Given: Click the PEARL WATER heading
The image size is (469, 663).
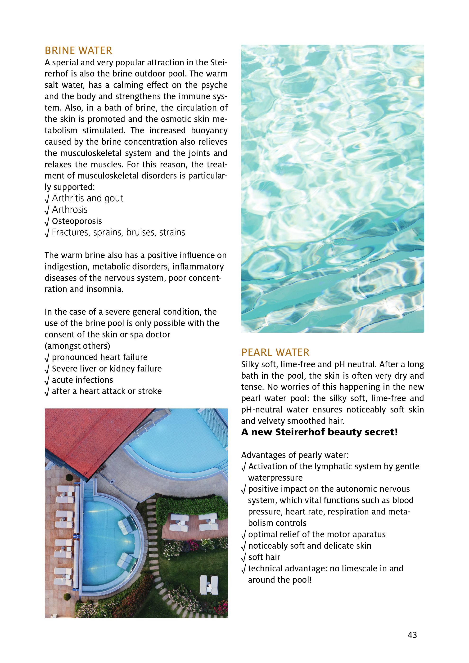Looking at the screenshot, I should (275, 352).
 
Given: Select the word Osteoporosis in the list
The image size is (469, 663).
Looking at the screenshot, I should (77, 221).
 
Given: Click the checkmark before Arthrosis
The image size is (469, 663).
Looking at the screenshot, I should (47, 210).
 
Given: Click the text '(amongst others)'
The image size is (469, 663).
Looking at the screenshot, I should (77, 346).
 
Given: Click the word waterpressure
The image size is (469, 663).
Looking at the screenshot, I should (275, 478).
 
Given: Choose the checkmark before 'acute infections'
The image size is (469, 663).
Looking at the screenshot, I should (47, 380).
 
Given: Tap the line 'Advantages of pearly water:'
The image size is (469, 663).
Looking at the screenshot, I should (295, 455).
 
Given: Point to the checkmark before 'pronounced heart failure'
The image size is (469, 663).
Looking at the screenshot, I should (47, 358).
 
